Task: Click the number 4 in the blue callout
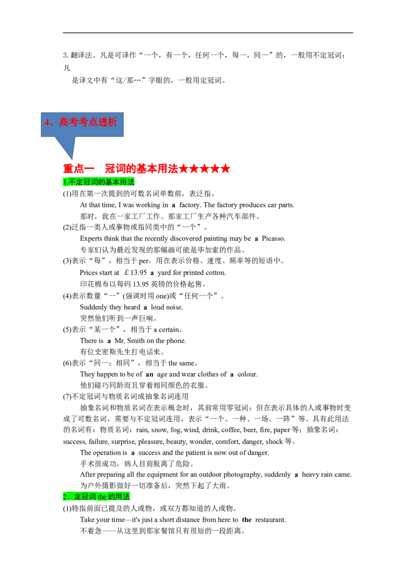tap(47, 123)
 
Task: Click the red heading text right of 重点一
tap(141, 169)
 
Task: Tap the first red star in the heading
tap(183, 169)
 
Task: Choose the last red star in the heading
tap(226, 169)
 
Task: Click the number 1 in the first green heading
tap(64, 182)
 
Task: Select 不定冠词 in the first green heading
tap(83, 182)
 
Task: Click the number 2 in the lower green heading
tap(65, 497)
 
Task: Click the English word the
tap(102, 497)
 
